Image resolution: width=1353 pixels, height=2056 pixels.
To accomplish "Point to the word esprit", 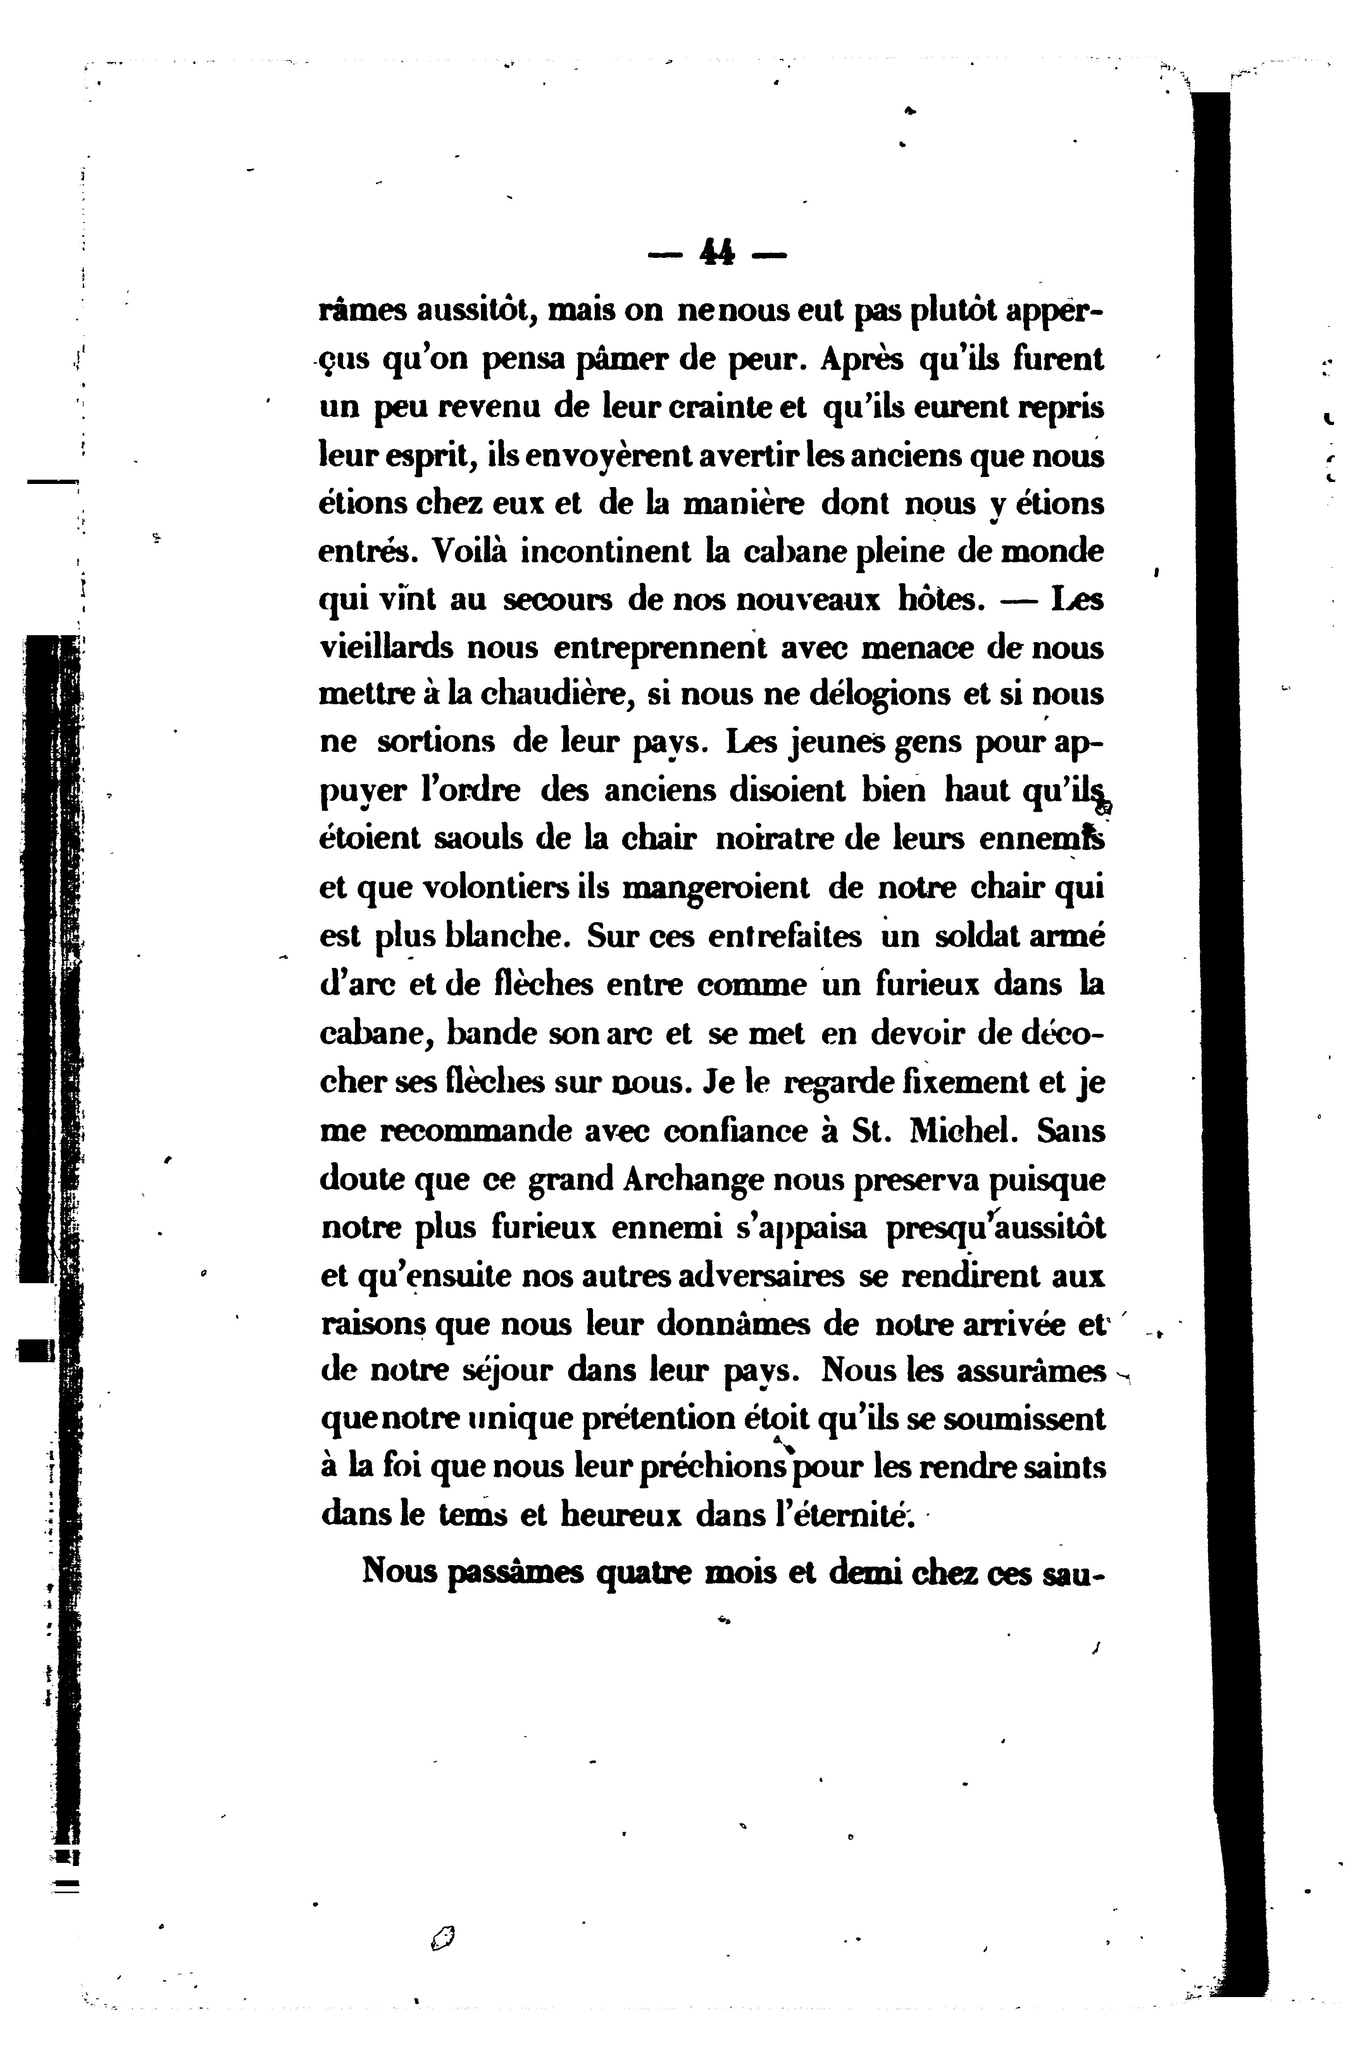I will click(x=421, y=455).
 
